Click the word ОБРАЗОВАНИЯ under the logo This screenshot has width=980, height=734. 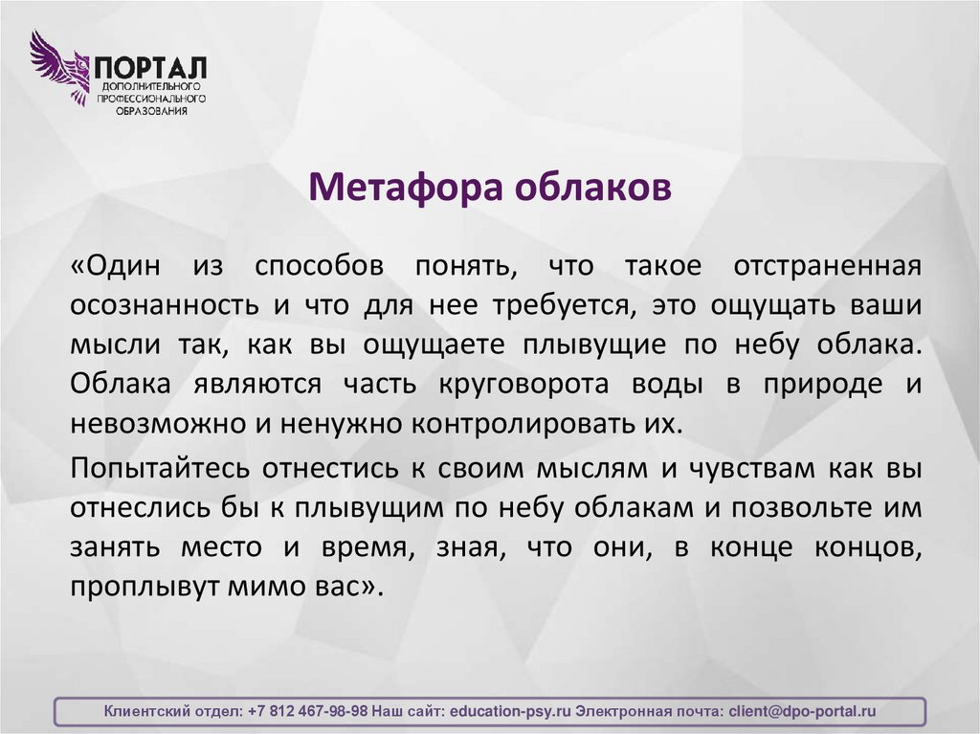[147, 110]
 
